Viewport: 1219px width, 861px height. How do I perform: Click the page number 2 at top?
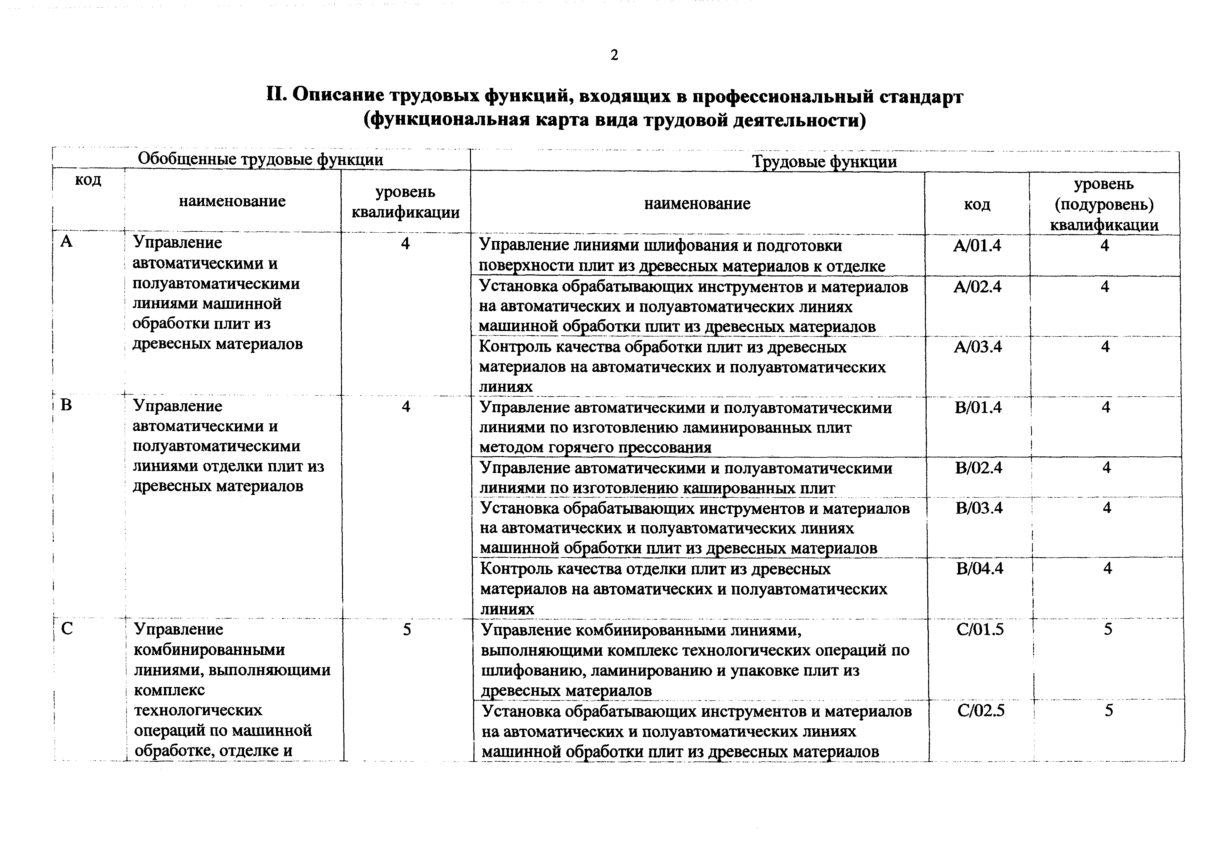pos(614,55)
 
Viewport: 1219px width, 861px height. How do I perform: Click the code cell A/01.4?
pos(977,246)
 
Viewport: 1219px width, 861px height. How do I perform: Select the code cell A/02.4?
pos(977,287)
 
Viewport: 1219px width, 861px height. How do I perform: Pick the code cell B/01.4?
pos(978,407)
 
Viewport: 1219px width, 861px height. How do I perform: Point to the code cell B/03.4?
pos(979,508)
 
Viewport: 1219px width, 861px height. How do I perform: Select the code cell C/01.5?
pos(980,630)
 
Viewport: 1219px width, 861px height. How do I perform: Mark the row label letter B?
pos(66,406)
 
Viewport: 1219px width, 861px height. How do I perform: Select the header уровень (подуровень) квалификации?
pos(1104,204)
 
